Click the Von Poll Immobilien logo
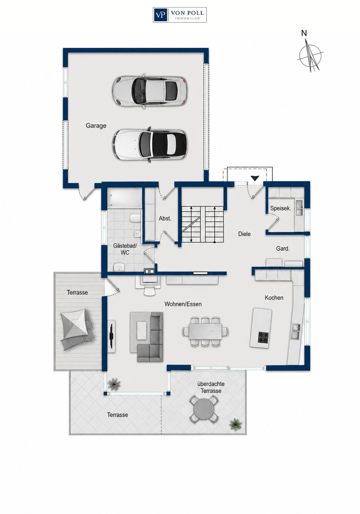pos(180,15)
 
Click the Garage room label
pos(96,125)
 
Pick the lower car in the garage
pos(150,145)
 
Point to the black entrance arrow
pos(255,178)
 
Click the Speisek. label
pos(280,208)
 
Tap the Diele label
pos(244,234)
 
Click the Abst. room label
pos(165,219)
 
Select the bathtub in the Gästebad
pos(124,198)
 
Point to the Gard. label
pos(283,248)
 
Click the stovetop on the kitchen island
pos(263,337)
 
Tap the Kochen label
pos(274,298)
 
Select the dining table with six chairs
pos(205,332)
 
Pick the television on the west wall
pos(111,336)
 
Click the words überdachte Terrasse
pos(211,387)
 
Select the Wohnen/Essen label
pos(183,304)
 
